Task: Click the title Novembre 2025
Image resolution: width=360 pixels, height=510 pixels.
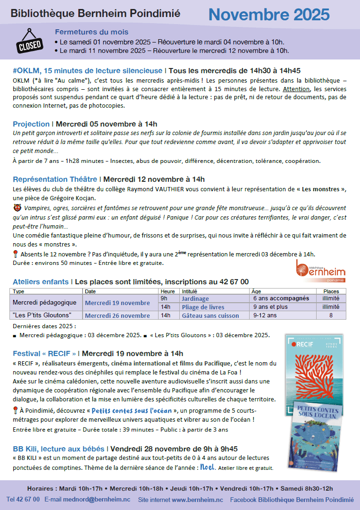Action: tap(269, 15)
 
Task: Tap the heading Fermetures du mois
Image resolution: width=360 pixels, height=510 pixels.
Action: tap(92, 32)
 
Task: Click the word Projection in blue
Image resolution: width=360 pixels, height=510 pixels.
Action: tap(31, 124)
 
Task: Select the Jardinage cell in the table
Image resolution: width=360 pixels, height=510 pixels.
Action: tap(195, 298)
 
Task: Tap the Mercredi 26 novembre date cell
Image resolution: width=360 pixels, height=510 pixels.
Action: tap(117, 315)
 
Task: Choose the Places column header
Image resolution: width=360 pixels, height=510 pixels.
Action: tap(330, 291)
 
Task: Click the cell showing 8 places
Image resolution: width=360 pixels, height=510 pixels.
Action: tap(330, 315)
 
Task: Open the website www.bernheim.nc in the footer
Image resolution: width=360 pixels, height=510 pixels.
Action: tap(197, 499)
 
